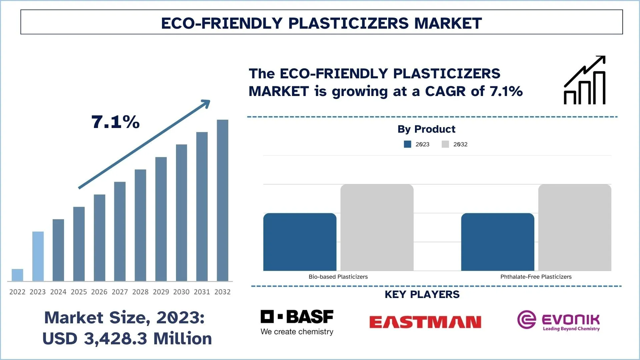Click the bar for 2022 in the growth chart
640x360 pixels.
[17, 275]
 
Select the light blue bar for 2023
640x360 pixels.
[38, 256]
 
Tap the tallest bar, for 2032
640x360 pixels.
[223, 200]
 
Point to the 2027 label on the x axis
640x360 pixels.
[120, 292]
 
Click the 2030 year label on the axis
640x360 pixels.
[181, 292]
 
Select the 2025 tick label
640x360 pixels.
[79, 292]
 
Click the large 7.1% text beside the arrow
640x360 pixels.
[115, 122]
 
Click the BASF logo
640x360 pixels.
[297, 322]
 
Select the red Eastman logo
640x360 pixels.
[425, 322]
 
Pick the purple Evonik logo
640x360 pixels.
[558, 320]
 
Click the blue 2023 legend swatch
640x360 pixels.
[407, 144]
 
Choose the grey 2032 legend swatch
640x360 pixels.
[445, 144]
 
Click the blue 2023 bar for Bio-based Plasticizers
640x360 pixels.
[300, 242]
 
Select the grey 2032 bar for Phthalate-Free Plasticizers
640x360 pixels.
[575, 227]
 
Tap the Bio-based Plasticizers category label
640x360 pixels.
[338, 277]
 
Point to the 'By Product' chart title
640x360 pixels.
[426, 129]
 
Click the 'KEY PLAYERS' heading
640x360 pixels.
[422, 294]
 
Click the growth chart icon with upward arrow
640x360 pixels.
[584, 80]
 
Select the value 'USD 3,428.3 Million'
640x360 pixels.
[127, 339]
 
